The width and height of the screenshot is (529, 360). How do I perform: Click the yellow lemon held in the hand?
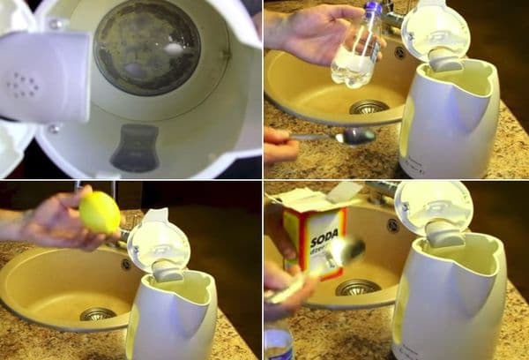(x=100, y=213)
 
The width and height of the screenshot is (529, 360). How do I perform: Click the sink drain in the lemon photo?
(x=97, y=314)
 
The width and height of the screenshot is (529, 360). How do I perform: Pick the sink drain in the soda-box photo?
(x=357, y=287)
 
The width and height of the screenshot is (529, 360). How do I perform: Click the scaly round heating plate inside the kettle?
(x=146, y=46)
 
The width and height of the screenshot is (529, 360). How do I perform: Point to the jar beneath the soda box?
(x=279, y=344)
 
